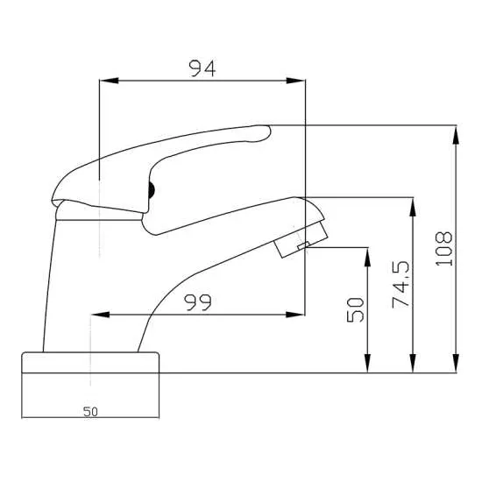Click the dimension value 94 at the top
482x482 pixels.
click(x=202, y=67)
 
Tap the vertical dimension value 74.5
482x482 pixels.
click(x=402, y=284)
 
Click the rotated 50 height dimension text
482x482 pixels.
click(x=356, y=310)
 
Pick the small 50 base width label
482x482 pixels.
click(x=90, y=411)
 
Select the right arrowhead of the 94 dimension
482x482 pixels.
click(x=300, y=82)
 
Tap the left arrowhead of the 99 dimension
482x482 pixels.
click(x=96, y=314)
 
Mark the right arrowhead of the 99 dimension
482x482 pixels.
click(x=300, y=314)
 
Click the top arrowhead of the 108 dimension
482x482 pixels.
click(x=456, y=132)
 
